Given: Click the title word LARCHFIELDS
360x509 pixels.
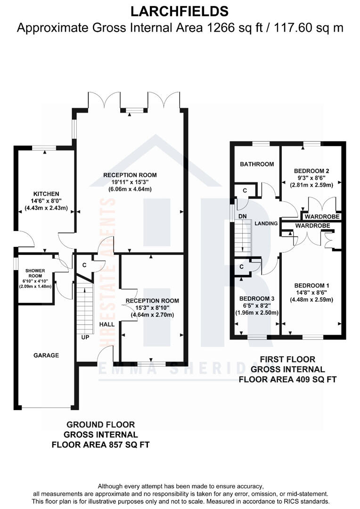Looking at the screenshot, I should coord(180,11).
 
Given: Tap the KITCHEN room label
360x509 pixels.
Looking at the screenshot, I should coord(46,194).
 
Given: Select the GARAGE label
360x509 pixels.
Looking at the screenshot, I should coord(46,355).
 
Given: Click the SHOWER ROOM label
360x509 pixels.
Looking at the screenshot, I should coord(35,274).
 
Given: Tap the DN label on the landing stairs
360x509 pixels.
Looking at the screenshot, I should coord(243,216).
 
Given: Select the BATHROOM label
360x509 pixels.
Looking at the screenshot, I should coord(257,164).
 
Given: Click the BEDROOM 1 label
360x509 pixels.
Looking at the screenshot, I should coord(311,285).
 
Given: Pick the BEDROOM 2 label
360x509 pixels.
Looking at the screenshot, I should coord(311,171).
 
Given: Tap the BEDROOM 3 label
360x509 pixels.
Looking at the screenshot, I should coord(256,299).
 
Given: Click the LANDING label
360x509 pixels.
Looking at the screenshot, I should coord(266,223).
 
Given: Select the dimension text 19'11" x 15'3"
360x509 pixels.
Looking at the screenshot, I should coord(130,182).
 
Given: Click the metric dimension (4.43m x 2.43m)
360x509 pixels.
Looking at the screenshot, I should coord(46,208).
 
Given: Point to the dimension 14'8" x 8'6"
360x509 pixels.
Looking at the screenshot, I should coord(311,292).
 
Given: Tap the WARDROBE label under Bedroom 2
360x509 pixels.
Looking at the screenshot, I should coord(319,217).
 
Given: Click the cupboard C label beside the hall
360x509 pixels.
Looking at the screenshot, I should coord(84,265).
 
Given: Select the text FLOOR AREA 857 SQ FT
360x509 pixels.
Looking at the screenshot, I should coord(100,444).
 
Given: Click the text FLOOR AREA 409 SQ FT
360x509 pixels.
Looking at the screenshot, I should coord(288,378).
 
